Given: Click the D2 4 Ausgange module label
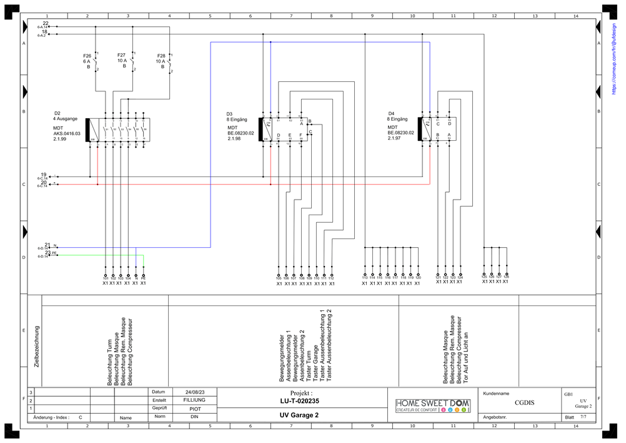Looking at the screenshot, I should [x=66, y=116].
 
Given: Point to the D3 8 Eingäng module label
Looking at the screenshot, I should [x=237, y=116].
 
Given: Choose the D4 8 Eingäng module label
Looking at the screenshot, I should [x=398, y=116].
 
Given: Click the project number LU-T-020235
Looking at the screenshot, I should [x=300, y=401].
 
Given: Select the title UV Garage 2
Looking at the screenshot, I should [x=299, y=415].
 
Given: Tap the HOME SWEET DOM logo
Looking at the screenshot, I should [x=433, y=404].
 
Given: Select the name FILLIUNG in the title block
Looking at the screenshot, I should [x=194, y=400].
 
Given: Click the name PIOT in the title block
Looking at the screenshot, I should [x=195, y=408].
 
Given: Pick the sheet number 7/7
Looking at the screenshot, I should [x=583, y=416].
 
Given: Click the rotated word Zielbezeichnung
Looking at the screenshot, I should [x=37, y=346].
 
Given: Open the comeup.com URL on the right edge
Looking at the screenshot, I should [x=614, y=57].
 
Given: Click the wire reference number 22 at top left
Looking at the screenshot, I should [x=46, y=23].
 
